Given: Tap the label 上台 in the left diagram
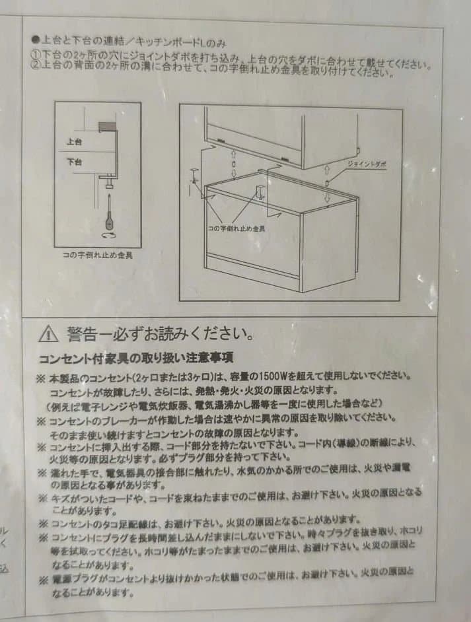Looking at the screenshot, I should click(x=74, y=141).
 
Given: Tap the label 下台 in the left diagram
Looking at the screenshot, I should click(x=74, y=161).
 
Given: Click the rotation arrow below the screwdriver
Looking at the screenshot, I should click(x=107, y=234).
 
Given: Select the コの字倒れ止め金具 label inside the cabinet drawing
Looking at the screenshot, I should click(x=236, y=228).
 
